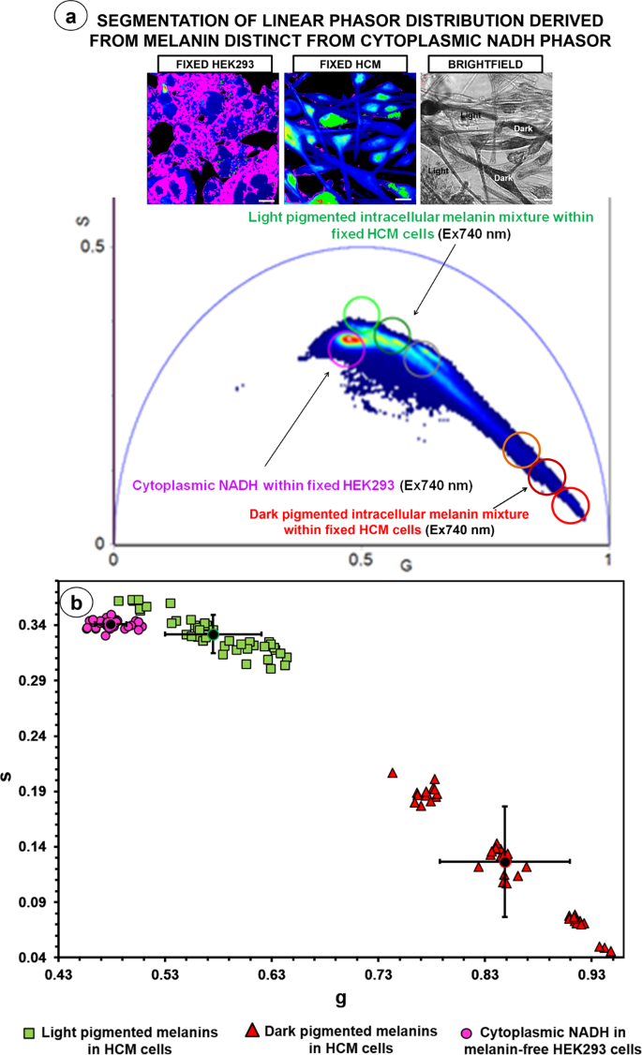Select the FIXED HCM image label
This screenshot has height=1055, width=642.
343,63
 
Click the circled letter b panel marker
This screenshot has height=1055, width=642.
75,601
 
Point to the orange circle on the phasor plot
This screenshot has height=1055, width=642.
522,450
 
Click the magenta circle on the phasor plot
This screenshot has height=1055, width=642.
348,349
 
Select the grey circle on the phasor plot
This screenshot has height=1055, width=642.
422,358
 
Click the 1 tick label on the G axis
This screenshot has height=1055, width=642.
609,559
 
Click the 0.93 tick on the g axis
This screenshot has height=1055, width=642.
591,975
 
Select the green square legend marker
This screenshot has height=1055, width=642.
29,1033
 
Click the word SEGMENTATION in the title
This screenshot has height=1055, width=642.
177,20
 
